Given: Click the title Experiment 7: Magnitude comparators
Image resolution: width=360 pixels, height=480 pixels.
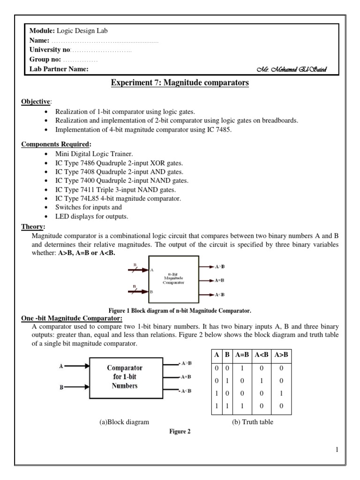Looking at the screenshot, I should tap(180, 83).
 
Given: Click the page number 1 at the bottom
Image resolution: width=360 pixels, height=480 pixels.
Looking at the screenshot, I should tap(337, 450).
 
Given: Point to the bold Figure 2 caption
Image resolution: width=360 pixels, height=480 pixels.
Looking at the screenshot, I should tap(180, 432).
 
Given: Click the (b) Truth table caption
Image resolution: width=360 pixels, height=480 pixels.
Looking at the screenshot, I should tap(253, 422).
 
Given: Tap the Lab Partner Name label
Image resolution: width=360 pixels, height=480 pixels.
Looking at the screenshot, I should tap(59, 69).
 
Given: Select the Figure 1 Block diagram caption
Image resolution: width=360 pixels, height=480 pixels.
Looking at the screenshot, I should tap(180, 310).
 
